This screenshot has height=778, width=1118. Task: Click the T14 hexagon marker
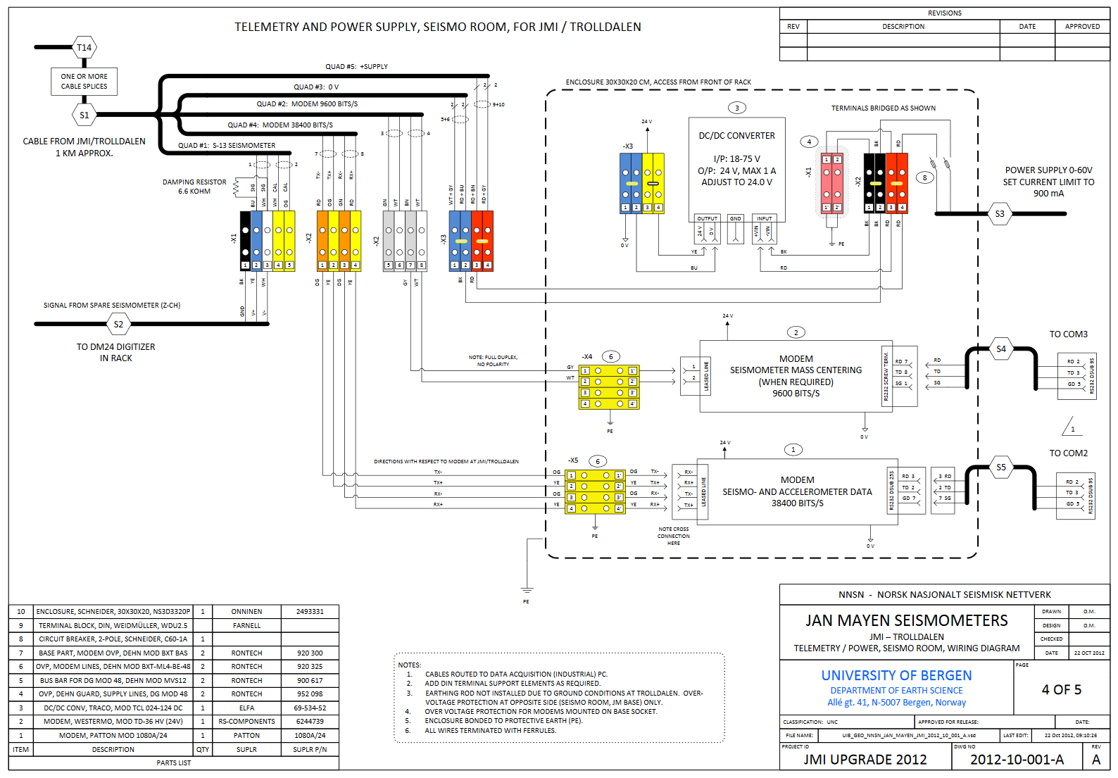84,48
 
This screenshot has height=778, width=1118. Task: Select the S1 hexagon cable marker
84,115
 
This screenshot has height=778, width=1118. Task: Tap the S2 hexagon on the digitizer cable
118,325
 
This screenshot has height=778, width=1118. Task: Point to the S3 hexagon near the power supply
1000,214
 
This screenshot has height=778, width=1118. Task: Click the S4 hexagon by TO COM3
1001,349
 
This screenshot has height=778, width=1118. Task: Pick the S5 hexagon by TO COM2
1001,467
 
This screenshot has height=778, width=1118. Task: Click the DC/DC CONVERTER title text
736,136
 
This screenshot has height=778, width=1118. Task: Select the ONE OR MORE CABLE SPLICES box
84,82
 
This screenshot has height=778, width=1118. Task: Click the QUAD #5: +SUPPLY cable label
356,67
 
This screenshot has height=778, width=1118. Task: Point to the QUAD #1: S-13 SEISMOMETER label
227,146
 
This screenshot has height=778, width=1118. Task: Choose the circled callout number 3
737,108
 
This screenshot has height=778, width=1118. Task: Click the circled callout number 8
925,177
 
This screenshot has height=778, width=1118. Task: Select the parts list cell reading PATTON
246,735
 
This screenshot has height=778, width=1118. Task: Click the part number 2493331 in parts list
310,611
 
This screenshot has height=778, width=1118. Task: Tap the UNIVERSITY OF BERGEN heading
896,675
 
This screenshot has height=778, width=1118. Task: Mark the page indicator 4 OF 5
1061,690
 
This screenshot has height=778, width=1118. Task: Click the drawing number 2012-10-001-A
1017,760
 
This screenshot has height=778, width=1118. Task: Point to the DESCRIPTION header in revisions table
903,27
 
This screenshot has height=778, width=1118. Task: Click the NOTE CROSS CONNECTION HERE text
674,536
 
